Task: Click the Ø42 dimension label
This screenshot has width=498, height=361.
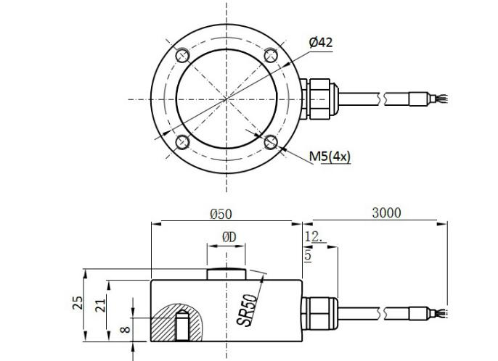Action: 320,43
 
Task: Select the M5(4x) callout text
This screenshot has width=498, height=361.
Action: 330,156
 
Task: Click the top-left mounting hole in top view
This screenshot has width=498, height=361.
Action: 181,55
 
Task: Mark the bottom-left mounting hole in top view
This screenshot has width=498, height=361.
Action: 181,142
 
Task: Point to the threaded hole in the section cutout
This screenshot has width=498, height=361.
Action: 181,326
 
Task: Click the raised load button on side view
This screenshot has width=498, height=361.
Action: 226,274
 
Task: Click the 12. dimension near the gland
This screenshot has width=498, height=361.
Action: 314,236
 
